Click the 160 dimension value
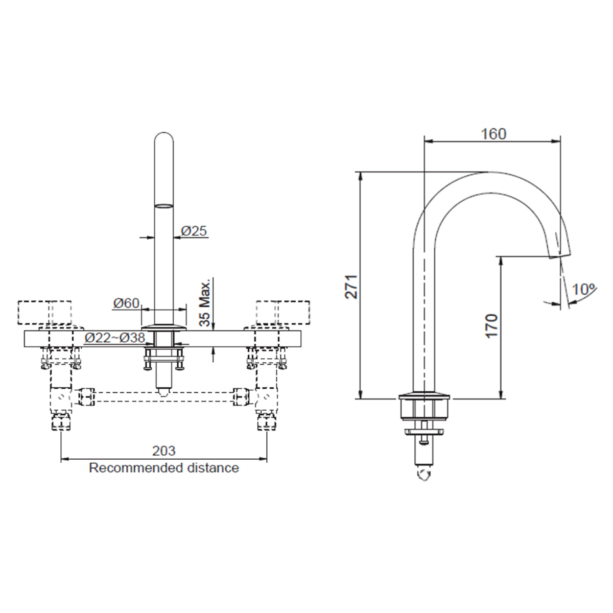[x=493, y=134]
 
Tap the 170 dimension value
[x=491, y=325]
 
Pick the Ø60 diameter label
[x=126, y=303]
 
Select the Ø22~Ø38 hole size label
[x=115, y=338]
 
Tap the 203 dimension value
[x=163, y=451]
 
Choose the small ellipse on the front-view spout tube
[x=163, y=206]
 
